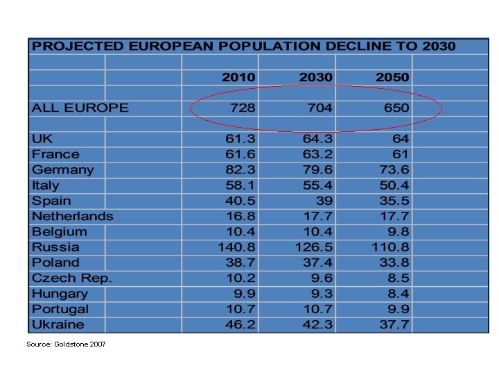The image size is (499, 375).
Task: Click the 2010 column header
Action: [238, 77]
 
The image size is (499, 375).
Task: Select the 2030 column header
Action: [315, 77]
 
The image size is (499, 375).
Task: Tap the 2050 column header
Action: [392, 77]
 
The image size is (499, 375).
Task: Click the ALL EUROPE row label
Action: [80, 108]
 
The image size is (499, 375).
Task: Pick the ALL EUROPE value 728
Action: [243, 108]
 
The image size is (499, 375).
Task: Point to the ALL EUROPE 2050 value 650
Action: [396, 108]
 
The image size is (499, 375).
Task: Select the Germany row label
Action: [62, 169]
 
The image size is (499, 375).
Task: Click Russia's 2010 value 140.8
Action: [236, 247]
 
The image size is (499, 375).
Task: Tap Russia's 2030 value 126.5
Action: [313, 247]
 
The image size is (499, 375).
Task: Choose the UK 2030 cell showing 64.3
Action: [317, 139]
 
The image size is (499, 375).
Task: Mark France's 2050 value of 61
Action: [401, 154]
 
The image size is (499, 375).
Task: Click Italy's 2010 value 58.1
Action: [240, 185]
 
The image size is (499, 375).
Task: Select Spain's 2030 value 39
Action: [324, 201]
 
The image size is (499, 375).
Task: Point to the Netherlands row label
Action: [72, 216]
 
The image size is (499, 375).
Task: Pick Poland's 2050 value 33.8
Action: [394, 262]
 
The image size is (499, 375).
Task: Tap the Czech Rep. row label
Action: [71, 278]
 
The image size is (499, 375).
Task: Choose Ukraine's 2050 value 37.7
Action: [394, 324]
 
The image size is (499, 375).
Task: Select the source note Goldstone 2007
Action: [66, 344]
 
